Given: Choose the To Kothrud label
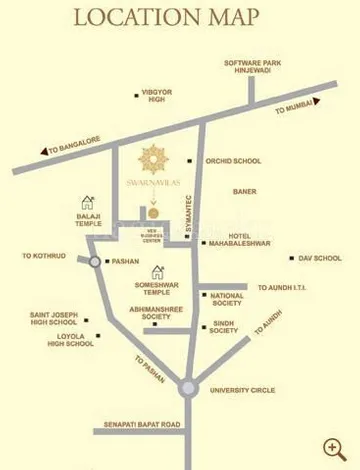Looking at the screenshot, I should (44, 256).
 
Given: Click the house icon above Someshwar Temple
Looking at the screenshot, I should (157, 271).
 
